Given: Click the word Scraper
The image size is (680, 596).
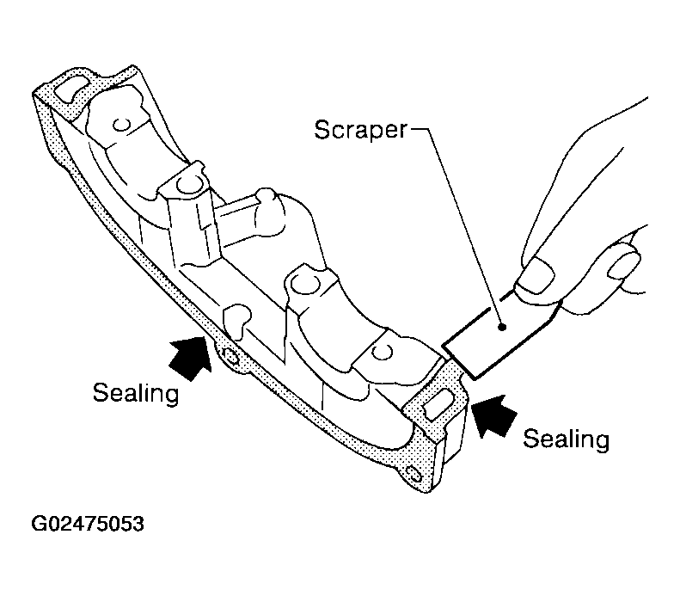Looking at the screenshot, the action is tap(361, 130).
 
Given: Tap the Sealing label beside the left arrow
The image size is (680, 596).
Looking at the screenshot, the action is tap(136, 393).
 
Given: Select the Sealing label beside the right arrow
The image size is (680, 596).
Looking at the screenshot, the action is tap(566, 439).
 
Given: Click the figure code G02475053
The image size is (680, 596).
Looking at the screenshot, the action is tap(88, 524).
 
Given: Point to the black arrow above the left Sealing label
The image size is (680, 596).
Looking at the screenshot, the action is tap(191, 358).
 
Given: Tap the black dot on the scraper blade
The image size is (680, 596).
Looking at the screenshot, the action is tap(502, 327).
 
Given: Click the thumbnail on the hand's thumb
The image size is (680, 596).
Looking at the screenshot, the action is tap(538, 274).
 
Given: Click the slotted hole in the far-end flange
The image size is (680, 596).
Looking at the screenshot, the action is tap(71, 88).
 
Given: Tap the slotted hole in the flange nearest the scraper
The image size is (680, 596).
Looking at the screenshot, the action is tap(439, 403).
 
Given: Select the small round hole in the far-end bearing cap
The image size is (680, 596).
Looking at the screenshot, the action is tap(121, 125).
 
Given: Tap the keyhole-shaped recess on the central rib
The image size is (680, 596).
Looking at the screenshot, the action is tap(236, 320).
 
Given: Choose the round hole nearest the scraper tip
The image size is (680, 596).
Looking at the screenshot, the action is tap(383, 352).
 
